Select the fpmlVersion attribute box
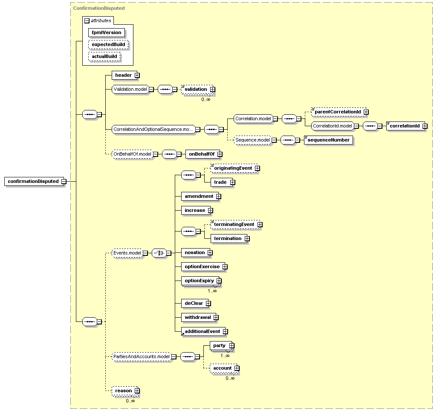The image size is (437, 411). pos(107,32)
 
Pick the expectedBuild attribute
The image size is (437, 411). pos(108,45)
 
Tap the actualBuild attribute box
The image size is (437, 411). pos(104,57)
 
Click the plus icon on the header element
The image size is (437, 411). pos(137,75)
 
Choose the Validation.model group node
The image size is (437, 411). pos(130,90)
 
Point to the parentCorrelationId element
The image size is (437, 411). pos(339,112)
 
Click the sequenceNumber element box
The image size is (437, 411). pos(329,140)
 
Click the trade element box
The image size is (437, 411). pos(222,182)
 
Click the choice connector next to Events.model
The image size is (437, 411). pos(159,253)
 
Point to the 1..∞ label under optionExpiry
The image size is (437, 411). pos(212,291)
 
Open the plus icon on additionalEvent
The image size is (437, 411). pos(226,332)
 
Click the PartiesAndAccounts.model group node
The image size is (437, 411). pos(141,357)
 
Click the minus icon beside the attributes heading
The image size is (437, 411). pos(87,20)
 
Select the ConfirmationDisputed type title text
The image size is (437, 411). pos(99,9)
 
